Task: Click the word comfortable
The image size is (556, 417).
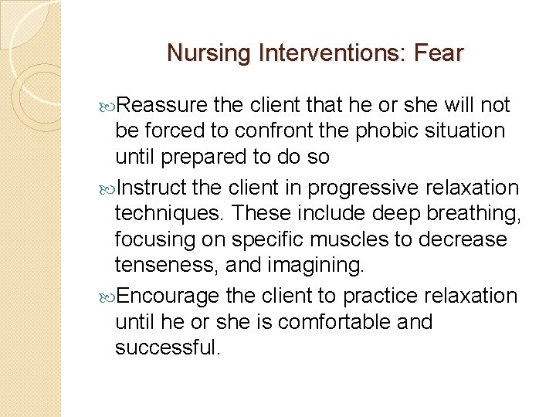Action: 335,321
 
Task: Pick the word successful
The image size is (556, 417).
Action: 168,347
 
